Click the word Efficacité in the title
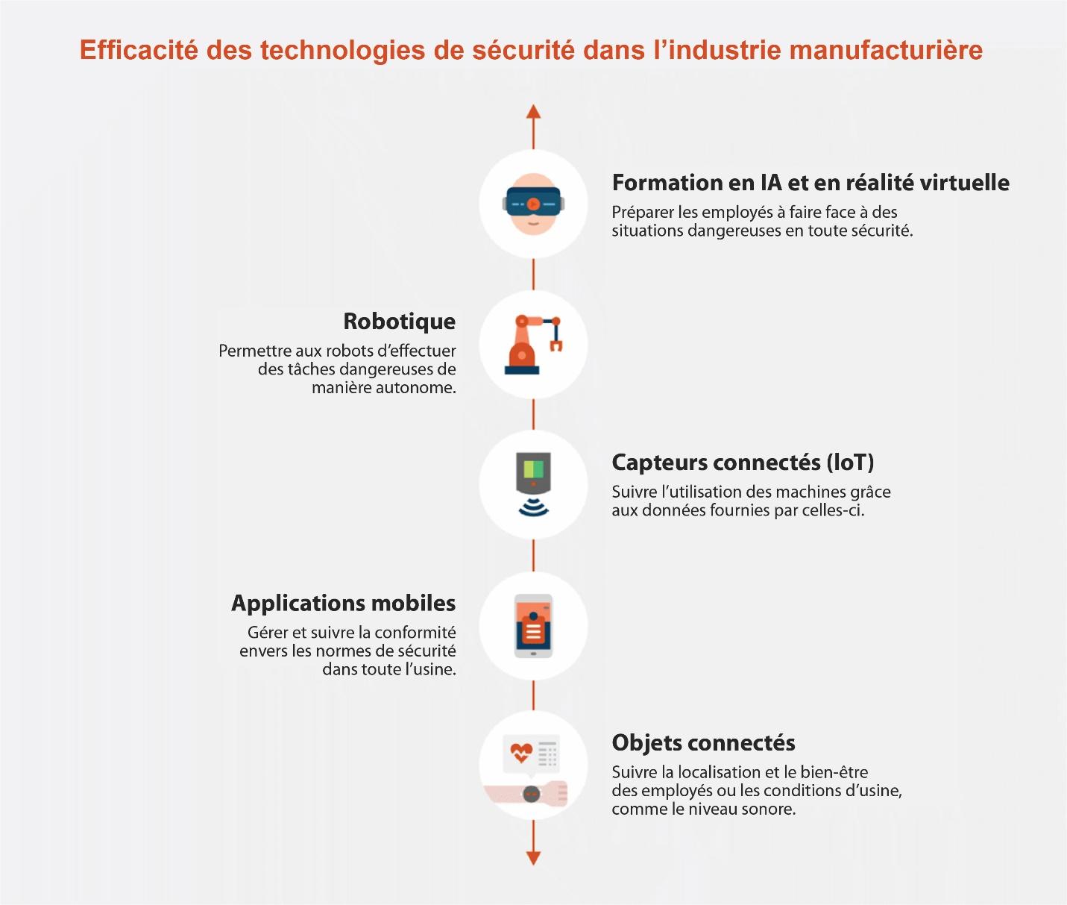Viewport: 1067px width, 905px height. pos(139,49)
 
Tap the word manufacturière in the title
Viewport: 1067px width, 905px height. pos(886,49)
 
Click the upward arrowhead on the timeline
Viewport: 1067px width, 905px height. pos(533,112)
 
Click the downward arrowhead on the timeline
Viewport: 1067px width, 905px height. pos(533,858)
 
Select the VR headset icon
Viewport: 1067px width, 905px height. pos(533,204)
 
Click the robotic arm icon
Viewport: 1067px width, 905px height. pos(533,345)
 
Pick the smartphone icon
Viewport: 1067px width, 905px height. pos(533,625)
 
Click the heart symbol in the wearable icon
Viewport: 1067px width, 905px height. pos(521,752)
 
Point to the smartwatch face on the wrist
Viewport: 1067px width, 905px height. pos(532,793)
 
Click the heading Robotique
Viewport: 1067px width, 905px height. pos(400,322)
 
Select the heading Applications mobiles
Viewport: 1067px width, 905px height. pos(344,604)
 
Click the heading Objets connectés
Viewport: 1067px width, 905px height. pos(704,743)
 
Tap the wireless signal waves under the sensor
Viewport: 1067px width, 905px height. pos(533,507)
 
